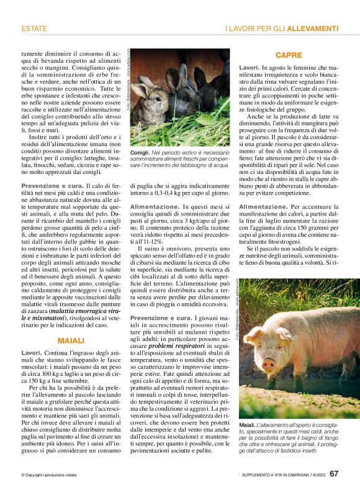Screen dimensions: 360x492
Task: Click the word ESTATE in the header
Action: point(34,29)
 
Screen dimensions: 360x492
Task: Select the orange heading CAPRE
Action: point(289,55)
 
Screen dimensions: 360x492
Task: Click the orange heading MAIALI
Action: point(71,341)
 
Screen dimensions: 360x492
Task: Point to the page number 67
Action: point(334,474)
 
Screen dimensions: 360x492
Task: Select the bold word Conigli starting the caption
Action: point(140,152)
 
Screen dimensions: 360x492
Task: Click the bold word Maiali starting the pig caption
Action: point(250,424)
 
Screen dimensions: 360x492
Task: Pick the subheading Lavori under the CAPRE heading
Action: point(249,67)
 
